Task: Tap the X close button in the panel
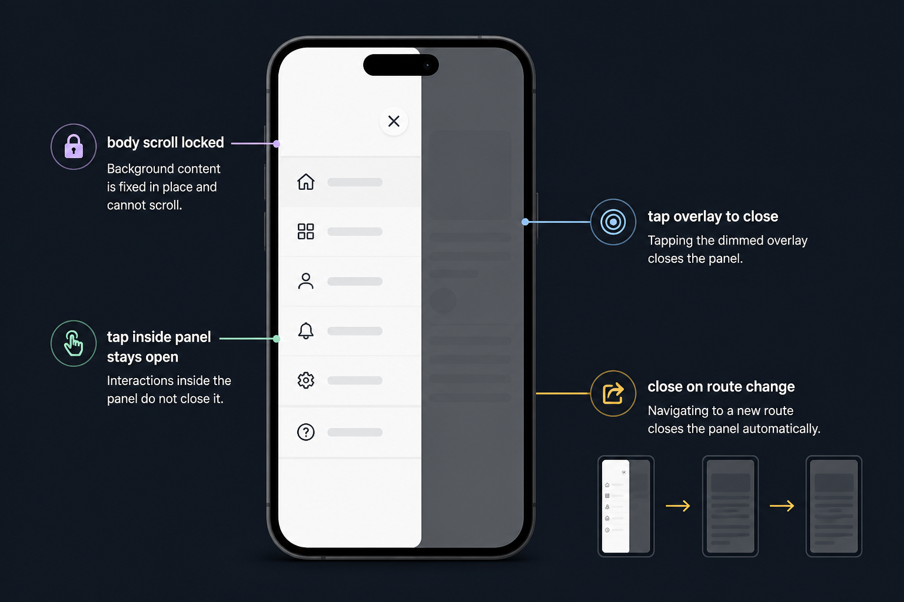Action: point(394,121)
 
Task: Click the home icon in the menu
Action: point(306,182)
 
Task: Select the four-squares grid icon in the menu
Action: point(305,232)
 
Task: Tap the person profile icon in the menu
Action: point(305,281)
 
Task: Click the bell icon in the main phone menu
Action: point(305,330)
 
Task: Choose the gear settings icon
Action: point(305,380)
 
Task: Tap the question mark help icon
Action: point(305,432)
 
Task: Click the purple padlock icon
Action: point(74,146)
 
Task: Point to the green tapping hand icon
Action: point(74,343)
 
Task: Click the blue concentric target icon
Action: point(613,222)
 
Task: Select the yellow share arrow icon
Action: point(613,393)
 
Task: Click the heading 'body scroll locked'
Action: point(165,142)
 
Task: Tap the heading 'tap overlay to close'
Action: point(713,216)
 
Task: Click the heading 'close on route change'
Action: point(721,387)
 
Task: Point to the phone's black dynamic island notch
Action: point(401,65)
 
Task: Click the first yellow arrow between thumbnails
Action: point(677,506)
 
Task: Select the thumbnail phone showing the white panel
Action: point(626,506)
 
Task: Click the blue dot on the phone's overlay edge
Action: point(525,222)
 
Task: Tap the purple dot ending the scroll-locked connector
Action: point(277,143)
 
